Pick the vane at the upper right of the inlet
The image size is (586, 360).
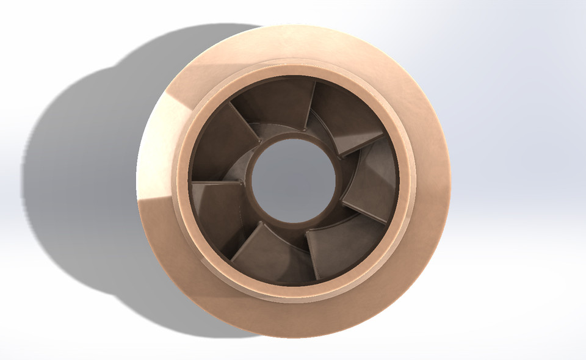pos(342,116)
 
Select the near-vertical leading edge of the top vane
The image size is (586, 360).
pos(309,107)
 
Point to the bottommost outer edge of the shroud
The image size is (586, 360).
pos(294,337)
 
